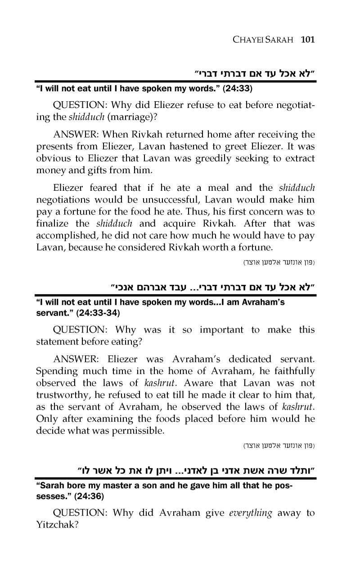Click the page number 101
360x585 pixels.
[x=308, y=39]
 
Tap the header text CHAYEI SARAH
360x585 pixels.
[x=261, y=40]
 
